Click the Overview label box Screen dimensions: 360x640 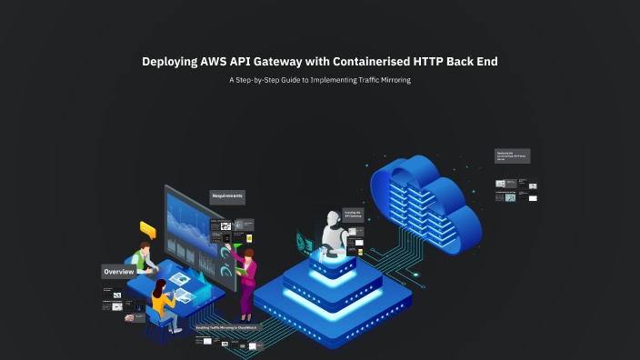pos(119,272)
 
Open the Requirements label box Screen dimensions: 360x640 pos(227,196)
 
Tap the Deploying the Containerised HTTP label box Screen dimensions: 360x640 pos(512,155)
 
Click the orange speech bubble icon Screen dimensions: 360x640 pos(148,229)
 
